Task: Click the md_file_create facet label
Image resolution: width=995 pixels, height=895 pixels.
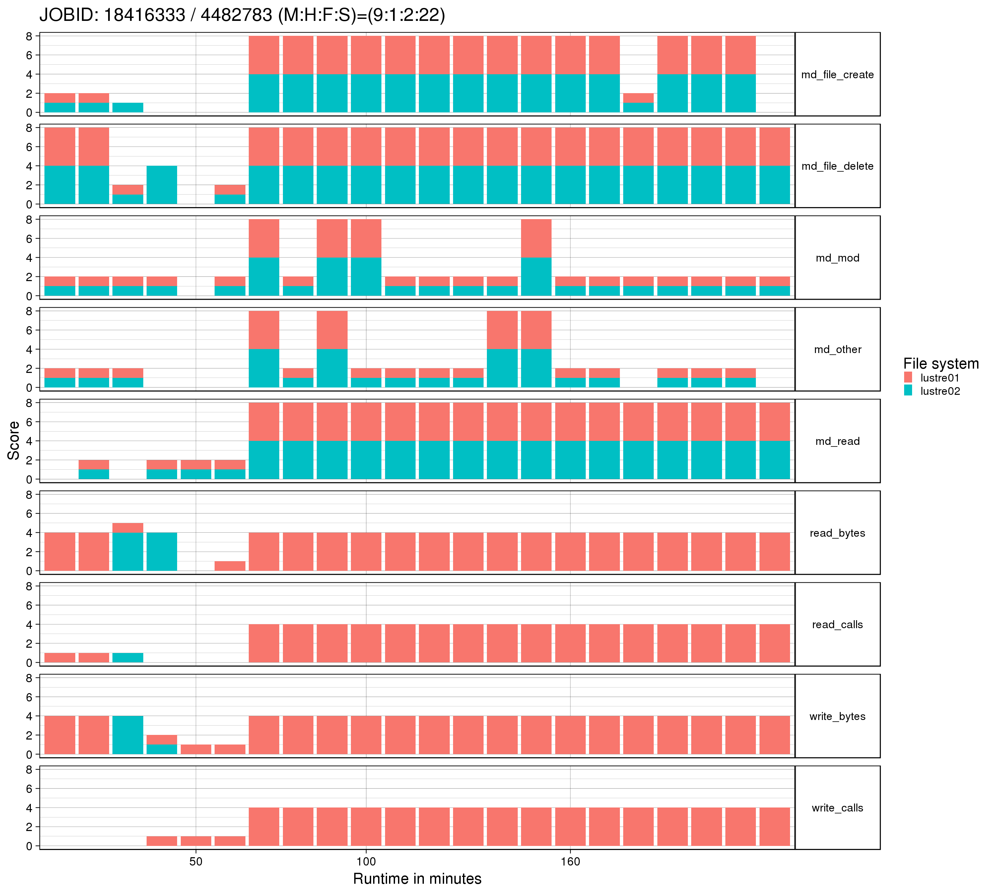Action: (837, 75)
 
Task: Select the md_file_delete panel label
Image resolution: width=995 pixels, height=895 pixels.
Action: (837, 166)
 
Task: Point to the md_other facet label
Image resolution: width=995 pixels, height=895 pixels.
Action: (837, 350)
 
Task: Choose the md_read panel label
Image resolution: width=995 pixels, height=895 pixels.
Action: (837, 442)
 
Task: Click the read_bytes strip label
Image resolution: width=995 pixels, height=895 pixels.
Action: (837, 533)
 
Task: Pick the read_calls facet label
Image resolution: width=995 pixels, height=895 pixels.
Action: (837, 625)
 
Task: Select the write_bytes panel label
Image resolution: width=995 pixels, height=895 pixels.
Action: (837, 716)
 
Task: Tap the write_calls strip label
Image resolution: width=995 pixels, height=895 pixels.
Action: (837, 808)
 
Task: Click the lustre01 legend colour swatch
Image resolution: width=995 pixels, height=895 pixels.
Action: (908, 378)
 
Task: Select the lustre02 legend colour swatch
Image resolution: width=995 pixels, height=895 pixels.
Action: (908, 391)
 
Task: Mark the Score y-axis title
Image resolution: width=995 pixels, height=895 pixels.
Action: (14, 441)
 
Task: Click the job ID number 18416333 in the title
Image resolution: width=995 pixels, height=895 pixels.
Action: (144, 15)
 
